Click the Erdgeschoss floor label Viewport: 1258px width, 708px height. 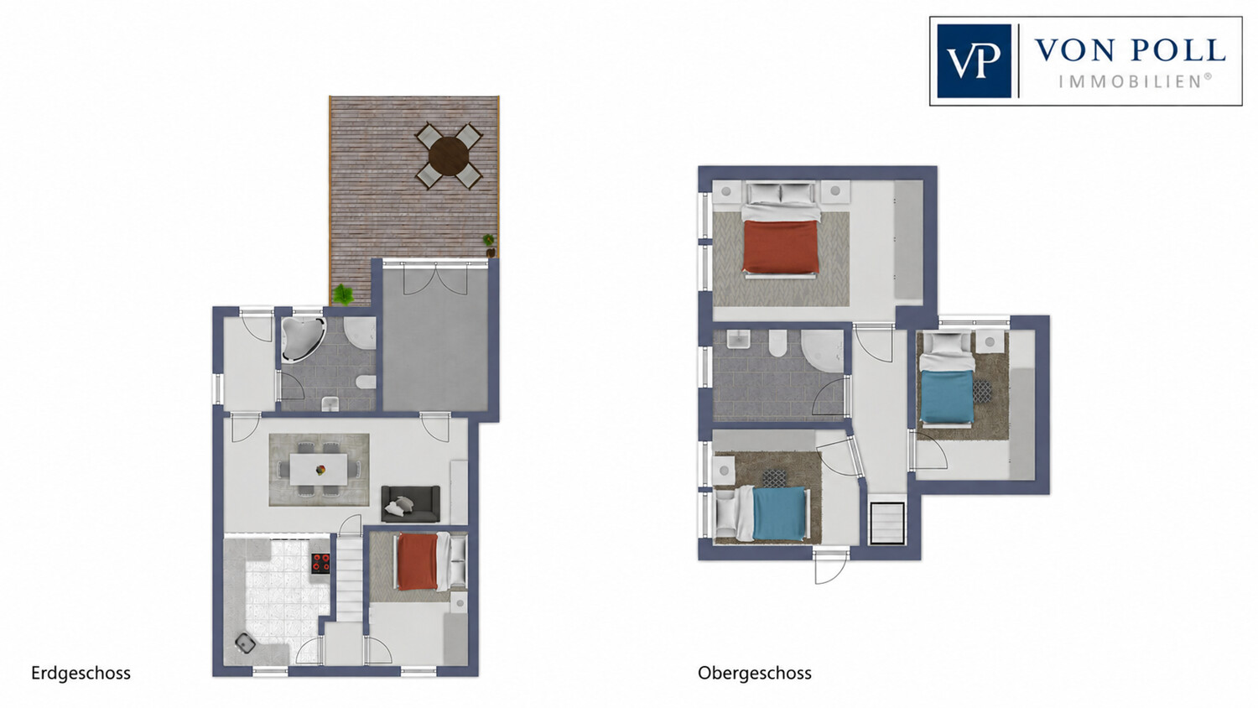(x=81, y=673)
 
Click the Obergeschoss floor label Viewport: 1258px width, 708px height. (x=754, y=673)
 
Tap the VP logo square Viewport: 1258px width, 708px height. (x=974, y=60)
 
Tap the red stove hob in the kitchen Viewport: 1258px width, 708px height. (x=320, y=563)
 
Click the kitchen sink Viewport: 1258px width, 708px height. (x=245, y=643)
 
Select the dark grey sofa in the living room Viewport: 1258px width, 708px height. (x=411, y=504)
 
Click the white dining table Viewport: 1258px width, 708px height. (x=319, y=469)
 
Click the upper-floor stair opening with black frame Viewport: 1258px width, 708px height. (x=887, y=523)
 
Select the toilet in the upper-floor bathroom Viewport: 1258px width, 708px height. (x=778, y=343)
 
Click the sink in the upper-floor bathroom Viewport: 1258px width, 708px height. (x=739, y=340)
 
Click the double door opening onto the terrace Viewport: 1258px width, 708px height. (x=434, y=279)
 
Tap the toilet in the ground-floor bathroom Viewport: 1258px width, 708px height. (x=366, y=382)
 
